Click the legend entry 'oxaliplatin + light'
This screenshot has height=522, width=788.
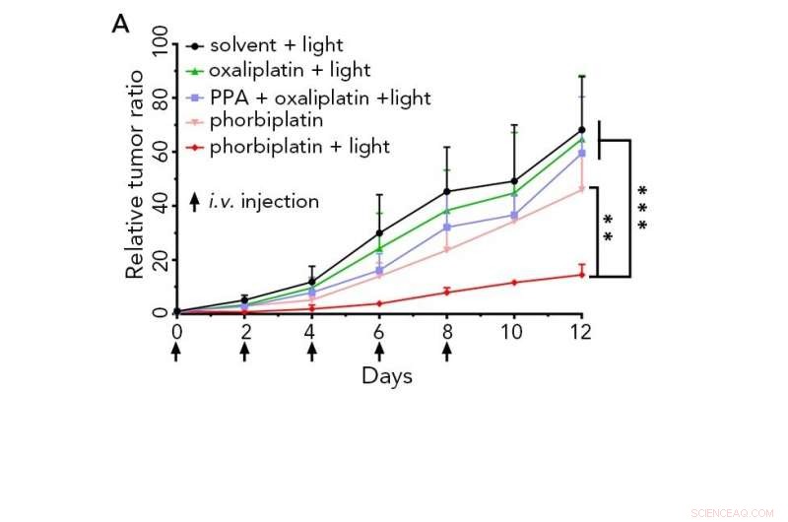(290, 70)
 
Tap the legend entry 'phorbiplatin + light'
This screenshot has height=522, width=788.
(299, 147)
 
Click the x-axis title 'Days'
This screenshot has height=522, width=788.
(386, 376)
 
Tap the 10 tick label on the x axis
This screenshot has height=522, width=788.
(513, 332)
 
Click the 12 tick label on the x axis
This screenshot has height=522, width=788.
(581, 332)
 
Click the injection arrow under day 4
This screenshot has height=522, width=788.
(311, 352)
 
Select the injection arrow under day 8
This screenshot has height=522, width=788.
(446, 352)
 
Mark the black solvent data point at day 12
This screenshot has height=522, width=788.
(581, 130)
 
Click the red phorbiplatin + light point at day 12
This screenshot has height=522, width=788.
(581, 275)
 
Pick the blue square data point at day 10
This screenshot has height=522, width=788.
(513, 215)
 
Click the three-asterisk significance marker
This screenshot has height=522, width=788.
(643, 208)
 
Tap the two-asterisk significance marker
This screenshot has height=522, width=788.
(608, 228)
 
